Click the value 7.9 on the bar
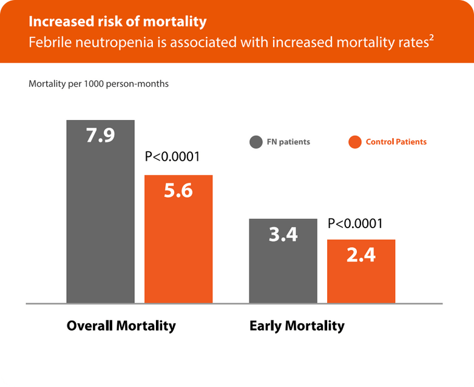click(x=100, y=135)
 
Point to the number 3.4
click(x=283, y=234)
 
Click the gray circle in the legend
click(x=256, y=142)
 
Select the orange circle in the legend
click(x=355, y=142)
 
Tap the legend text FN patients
click(x=288, y=142)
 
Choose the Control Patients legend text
click(x=396, y=142)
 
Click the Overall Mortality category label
click(x=121, y=326)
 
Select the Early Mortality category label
click(x=297, y=326)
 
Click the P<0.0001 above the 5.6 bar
click(x=172, y=158)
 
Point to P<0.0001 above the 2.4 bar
click(x=355, y=224)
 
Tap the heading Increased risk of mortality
click(x=118, y=22)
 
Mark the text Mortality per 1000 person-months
click(x=98, y=84)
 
